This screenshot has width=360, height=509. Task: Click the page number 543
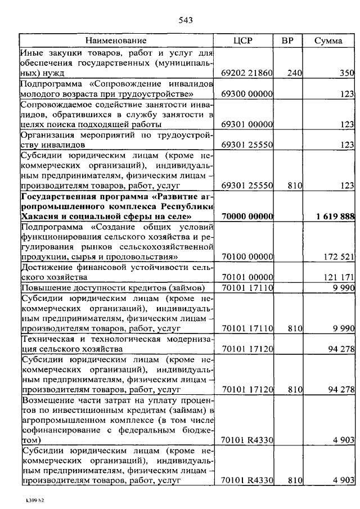pos(185,21)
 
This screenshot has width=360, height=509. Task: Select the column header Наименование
pos(116,40)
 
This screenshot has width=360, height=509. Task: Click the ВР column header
pos(287,40)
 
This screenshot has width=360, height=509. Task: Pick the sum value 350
pos(346,73)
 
